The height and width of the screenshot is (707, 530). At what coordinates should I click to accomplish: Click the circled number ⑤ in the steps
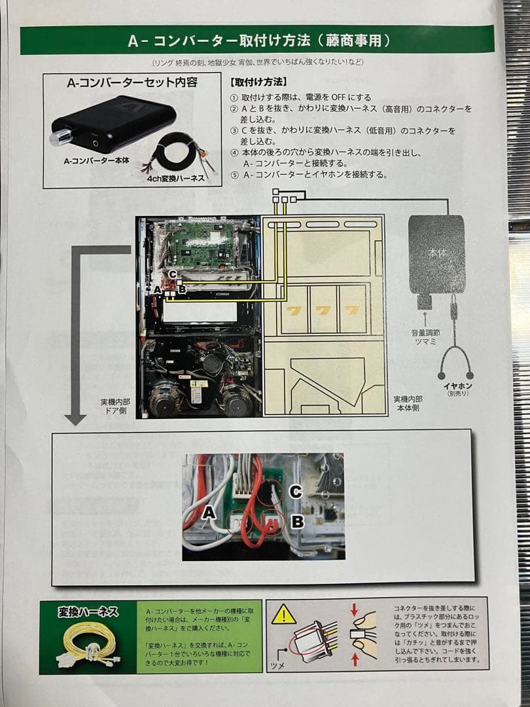pyautogui.click(x=234, y=175)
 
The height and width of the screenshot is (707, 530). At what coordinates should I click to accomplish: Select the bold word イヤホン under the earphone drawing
pyautogui.click(x=458, y=386)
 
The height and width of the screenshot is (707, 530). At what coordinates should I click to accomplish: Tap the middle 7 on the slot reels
pyautogui.click(x=321, y=309)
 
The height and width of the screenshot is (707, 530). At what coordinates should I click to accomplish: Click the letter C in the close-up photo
pyautogui.click(x=295, y=492)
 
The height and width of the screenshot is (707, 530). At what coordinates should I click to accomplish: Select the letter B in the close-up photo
pyautogui.click(x=296, y=522)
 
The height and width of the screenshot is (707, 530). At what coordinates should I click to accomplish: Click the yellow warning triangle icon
pyautogui.click(x=284, y=614)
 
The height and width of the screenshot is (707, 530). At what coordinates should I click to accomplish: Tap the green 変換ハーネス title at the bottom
pyautogui.click(x=88, y=612)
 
